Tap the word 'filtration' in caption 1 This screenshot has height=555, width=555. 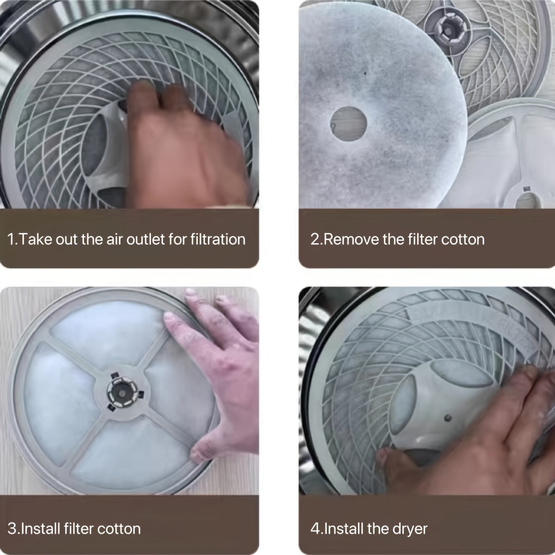(218, 240)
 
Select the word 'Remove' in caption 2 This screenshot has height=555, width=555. (350, 240)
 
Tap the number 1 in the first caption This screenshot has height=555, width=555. (12, 240)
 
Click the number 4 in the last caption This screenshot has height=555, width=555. (314, 529)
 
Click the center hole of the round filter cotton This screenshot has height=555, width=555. (349, 123)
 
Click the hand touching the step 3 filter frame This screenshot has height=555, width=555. (222, 365)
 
